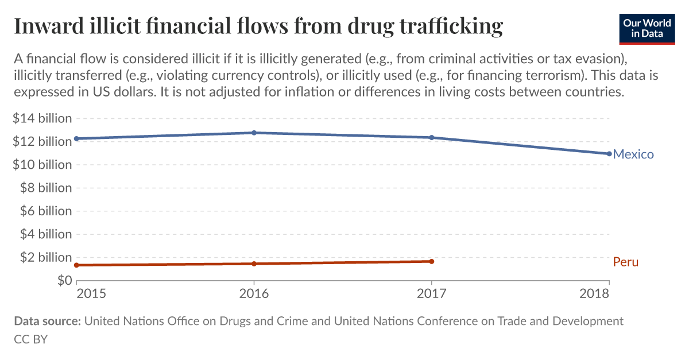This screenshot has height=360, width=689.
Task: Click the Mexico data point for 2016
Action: (254, 133)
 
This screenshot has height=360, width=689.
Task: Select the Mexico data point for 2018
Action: (609, 154)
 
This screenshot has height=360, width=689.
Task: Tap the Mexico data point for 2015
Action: (76, 138)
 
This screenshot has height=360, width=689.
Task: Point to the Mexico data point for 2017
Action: (431, 138)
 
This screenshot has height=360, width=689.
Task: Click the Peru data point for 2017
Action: (431, 261)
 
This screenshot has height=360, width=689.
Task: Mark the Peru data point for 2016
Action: (254, 264)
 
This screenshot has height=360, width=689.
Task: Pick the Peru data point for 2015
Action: (76, 265)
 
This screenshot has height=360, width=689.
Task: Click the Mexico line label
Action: (633, 154)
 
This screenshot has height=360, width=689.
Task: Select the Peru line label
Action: (625, 262)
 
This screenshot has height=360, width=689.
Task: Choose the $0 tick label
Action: (63, 281)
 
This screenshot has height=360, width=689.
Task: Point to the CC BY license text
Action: (30, 339)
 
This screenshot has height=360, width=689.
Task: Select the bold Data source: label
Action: (47, 322)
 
